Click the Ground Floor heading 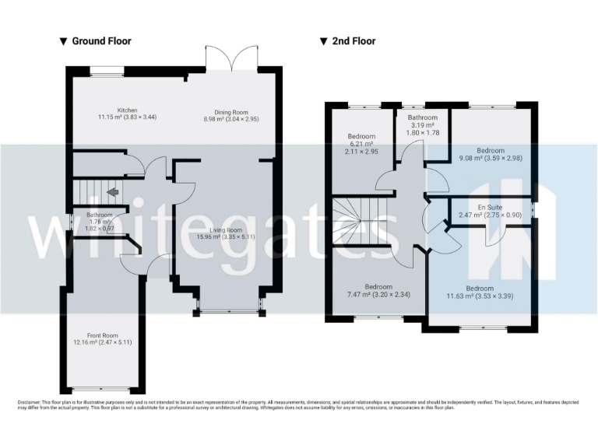click(101, 41)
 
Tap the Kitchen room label click(128, 110)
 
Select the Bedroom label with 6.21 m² click(361, 136)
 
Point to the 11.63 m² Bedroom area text click(479, 296)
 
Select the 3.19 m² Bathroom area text click(422, 124)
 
